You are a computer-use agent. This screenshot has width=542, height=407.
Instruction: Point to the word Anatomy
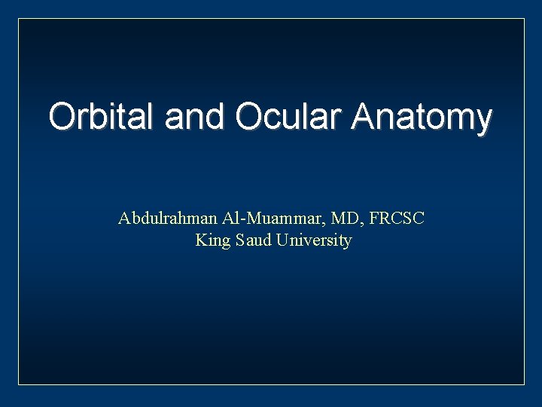tap(422, 118)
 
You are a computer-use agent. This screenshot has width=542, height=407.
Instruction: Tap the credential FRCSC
tap(397, 219)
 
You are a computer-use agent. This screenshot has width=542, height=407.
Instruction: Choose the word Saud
tap(252, 240)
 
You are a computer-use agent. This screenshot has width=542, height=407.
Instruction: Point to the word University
tap(314, 241)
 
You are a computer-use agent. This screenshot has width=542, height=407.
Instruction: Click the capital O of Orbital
tap(62, 117)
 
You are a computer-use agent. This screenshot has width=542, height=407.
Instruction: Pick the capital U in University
tap(281, 240)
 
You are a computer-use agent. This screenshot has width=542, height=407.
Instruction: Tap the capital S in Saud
tap(239, 240)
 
